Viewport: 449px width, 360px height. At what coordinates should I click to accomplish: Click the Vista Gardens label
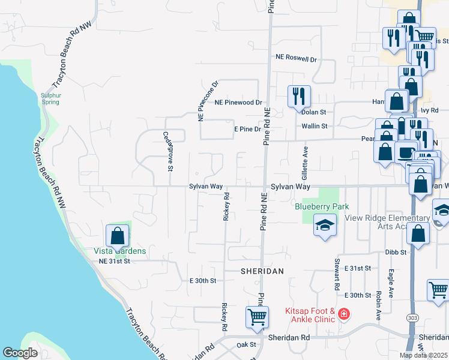pyautogui.click(x=119, y=251)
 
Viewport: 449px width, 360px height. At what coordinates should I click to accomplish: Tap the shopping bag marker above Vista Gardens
pyautogui.click(x=117, y=236)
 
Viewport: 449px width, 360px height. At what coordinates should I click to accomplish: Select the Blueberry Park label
pyautogui.click(x=322, y=206)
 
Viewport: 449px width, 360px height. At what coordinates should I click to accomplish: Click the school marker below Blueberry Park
pyautogui.click(x=325, y=226)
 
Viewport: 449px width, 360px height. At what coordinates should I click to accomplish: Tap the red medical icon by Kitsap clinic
pyautogui.click(x=343, y=313)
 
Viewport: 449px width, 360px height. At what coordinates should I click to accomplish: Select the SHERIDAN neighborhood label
pyautogui.click(x=262, y=271)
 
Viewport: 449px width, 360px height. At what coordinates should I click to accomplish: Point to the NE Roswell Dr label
pyautogui.click(x=296, y=58)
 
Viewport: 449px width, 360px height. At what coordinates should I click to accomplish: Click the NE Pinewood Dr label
pyautogui.click(x=238, y=103)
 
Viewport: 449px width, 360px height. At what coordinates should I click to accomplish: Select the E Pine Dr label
pyautogui.click(x=247, y=129)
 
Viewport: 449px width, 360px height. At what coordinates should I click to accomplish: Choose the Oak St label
pyautogui.click(x=246, y=344)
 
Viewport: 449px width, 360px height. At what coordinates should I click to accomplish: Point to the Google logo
pyautogui.click(x=20, y=353)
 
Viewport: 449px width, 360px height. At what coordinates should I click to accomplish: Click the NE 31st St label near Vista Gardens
pyautogui.click(x=114, y=261)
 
